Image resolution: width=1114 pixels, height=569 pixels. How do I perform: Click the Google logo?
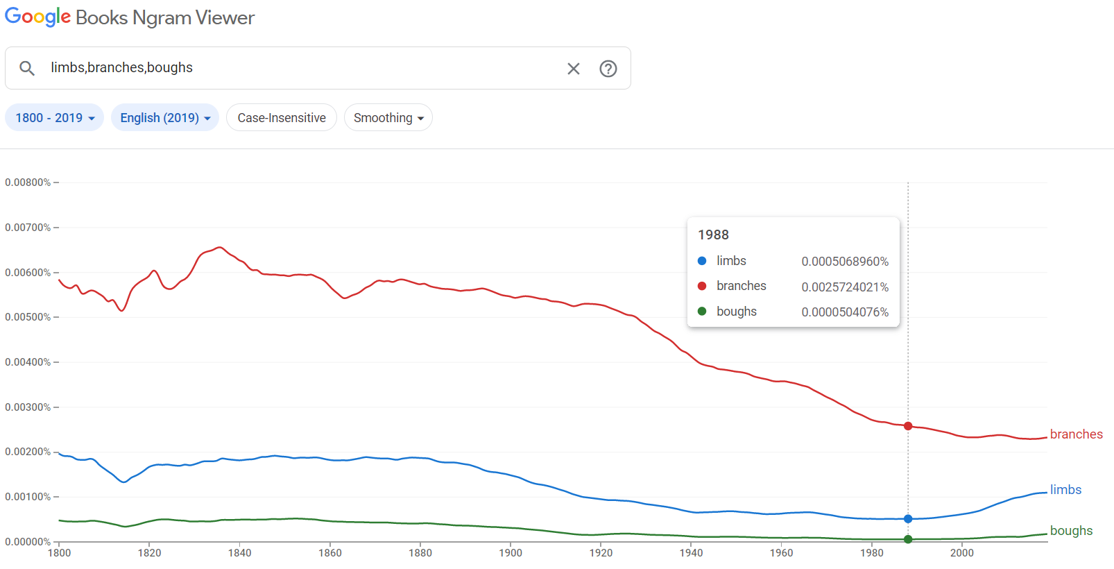point(38,17)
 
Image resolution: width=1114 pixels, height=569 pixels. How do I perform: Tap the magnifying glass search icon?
point(27,68)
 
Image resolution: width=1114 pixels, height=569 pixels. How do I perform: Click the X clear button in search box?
point(574,69)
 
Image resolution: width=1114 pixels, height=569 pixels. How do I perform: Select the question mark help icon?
point(608,69)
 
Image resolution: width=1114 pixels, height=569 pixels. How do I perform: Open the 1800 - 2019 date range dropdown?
point(55,118)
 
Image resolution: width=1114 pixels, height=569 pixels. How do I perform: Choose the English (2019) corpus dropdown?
point(165,118)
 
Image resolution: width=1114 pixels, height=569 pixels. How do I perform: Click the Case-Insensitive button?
point(282,118)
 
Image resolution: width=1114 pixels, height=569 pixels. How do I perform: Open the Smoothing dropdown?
point(388,118)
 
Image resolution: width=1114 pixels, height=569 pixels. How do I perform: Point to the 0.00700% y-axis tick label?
point(28,228)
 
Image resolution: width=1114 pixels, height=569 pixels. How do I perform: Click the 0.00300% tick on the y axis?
point(28,407)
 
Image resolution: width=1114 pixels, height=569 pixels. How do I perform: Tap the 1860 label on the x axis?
point(330,553)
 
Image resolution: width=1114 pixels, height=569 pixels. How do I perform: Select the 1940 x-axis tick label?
point(691,553)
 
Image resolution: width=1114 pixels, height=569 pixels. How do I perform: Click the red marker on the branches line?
point(908,426)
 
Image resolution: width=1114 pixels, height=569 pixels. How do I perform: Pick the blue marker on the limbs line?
point(908,519)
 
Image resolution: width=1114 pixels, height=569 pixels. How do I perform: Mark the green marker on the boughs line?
point(908,539)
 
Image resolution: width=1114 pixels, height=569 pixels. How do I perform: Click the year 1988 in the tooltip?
point(713,235)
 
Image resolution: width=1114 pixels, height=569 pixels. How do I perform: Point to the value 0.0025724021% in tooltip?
point(845,287)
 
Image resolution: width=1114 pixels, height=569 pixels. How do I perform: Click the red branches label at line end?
point(1076,434)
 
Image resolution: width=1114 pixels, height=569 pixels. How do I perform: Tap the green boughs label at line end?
point(1071,531)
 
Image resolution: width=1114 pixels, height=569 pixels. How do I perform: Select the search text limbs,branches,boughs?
point(122,68)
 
